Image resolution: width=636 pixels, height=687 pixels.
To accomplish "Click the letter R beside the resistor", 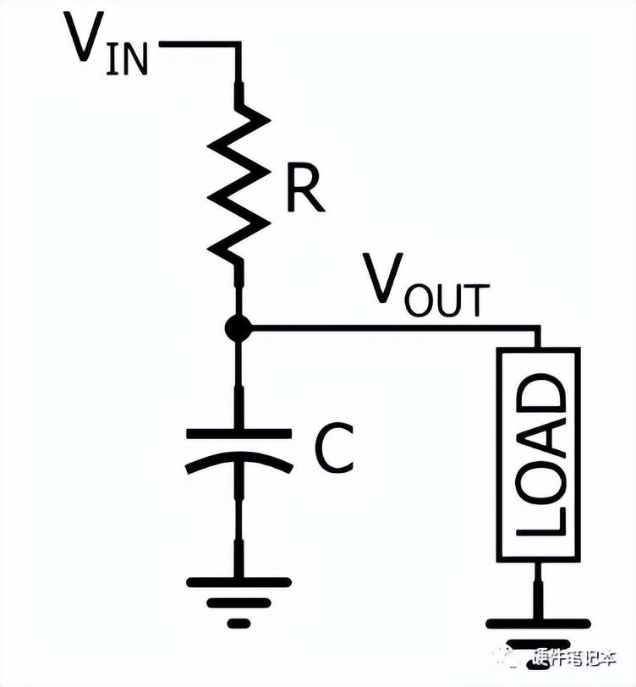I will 304,191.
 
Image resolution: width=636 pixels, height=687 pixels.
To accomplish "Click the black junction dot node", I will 239,327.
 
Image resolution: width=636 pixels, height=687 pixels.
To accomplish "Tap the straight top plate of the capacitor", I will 239,434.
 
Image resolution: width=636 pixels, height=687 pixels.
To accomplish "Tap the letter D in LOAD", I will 539,393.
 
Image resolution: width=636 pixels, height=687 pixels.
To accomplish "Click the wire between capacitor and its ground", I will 239,525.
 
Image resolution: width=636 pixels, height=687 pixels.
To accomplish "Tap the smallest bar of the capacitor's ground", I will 239,624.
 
